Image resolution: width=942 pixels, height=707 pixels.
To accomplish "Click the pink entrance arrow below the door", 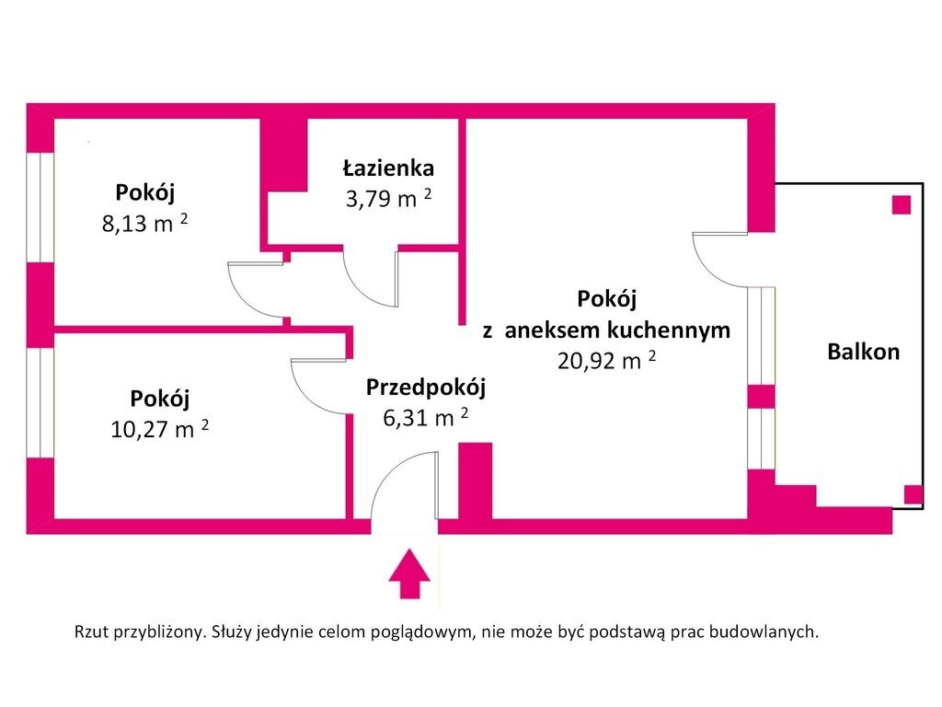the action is coord(409,574).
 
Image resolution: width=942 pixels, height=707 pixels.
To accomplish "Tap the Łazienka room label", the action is coord(389,168).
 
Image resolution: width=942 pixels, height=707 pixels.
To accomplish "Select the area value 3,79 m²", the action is coord(389,198).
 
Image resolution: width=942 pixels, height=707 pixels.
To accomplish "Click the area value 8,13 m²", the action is coord(144,223).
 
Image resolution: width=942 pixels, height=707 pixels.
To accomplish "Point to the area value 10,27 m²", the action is coord(160,428).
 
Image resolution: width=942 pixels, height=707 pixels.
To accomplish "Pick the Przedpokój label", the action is coord(426,388).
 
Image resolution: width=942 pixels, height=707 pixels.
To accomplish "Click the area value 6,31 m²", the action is coord(426,417).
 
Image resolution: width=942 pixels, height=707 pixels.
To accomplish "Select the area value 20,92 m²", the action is coord(607,360).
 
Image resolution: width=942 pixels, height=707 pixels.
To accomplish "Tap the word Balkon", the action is coord(863,352).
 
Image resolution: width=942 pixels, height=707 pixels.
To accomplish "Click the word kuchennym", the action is coord(669,330).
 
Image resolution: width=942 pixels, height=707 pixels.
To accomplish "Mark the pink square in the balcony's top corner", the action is coord(902,205).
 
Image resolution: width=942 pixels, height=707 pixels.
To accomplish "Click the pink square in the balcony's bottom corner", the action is coord(913,494).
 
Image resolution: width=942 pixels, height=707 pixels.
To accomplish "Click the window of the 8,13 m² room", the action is coord(40,207).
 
